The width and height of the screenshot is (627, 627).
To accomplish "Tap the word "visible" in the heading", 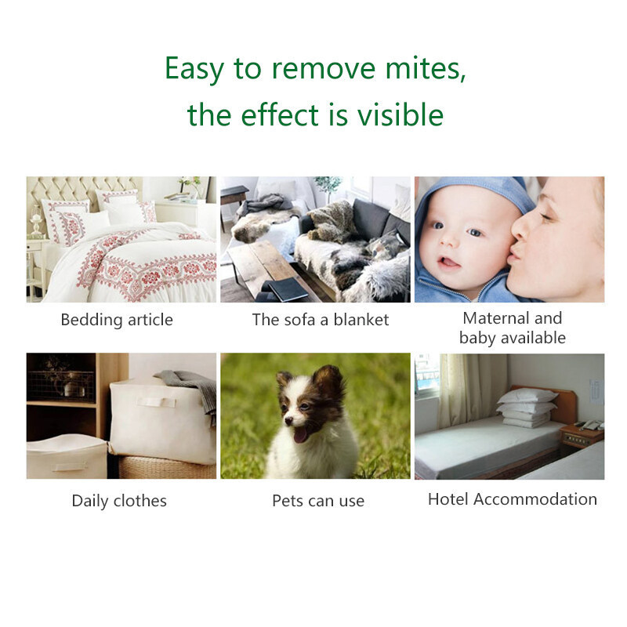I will tap(400, 115).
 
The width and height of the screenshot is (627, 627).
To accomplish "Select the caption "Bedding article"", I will tap(117, 320).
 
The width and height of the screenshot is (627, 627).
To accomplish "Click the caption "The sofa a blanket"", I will tap(321, 320).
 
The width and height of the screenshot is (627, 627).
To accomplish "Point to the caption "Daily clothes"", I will tap(119, 501).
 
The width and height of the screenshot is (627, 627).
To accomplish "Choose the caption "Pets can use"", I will tap(318, 501).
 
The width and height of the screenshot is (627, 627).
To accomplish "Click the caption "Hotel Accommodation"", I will tap(513, 499).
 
